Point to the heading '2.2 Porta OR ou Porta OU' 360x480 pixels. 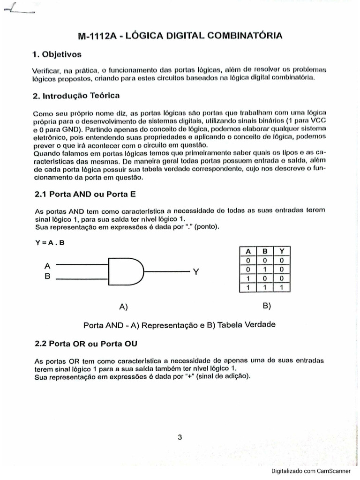click(x=86, y=344)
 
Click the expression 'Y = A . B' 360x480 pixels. click(x=50, y=242)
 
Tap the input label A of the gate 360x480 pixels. click(x=47, y=265)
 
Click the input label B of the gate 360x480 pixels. click(x=47, y=277)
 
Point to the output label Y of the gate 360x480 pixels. click(x=196, y=272)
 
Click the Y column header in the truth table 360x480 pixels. click(x=281, y=251)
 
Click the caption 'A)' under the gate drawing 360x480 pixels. click(x=124, y=307)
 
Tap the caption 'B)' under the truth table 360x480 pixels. click(x=267, y=306)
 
